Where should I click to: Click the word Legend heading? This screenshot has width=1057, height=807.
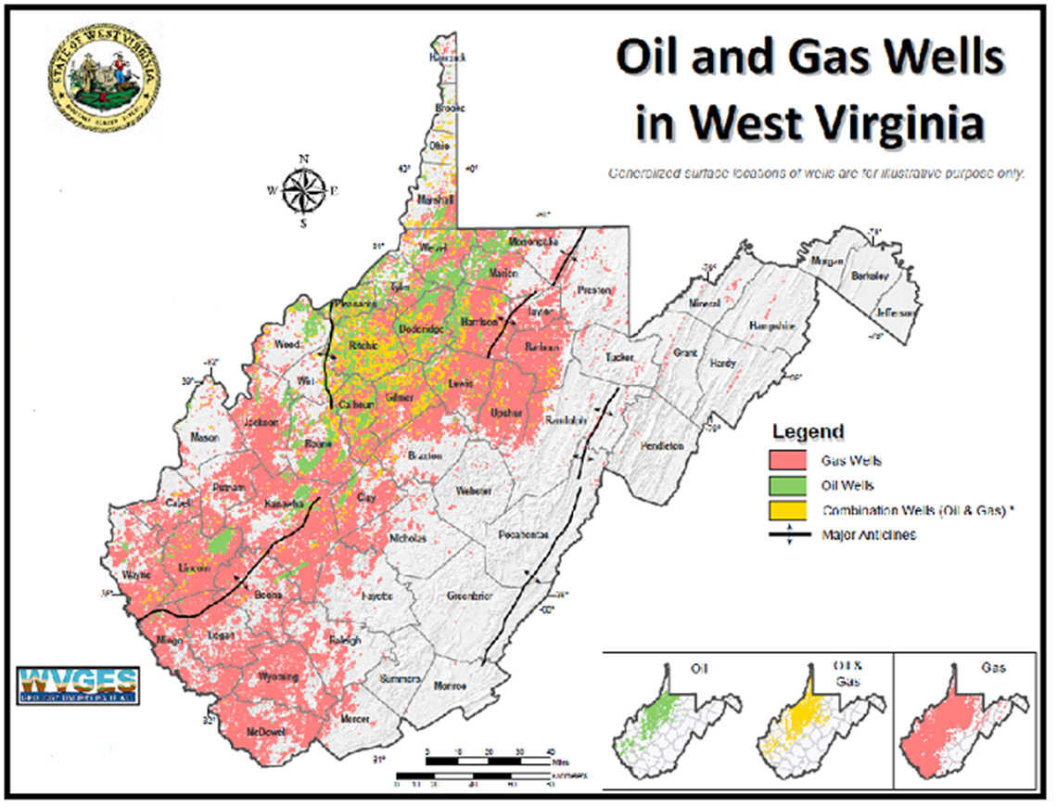pos(809,431)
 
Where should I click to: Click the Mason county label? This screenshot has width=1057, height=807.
pos(205,437)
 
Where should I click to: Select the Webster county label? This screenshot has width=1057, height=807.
pos(473,491)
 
